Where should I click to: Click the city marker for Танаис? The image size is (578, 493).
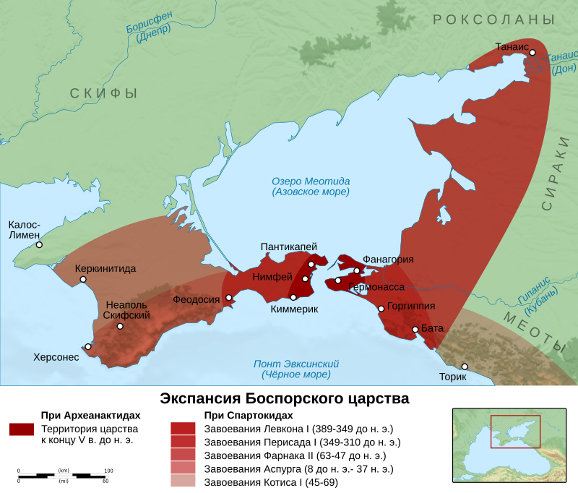point(532,52)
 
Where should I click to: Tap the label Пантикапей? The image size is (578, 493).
point(289,247)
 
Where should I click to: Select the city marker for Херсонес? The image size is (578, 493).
point(88,346)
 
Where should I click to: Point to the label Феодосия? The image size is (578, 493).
point(196,299)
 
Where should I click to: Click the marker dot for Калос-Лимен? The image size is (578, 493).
point(39,244)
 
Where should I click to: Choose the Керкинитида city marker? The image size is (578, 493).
point(83,279)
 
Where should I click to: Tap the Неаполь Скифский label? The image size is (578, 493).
point(126,310)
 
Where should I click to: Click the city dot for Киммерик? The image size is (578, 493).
point(293,297)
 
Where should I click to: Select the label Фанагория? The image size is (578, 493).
point(388,260)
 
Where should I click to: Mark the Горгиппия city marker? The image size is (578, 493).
point(381,309)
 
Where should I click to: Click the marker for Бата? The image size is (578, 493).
point(415,330)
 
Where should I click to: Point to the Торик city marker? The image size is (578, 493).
point(465,366)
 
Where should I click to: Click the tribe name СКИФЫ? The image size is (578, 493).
point(103,93)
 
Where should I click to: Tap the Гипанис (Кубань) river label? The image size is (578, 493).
point(538,291)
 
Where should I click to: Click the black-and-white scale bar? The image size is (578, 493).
point(64,476)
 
